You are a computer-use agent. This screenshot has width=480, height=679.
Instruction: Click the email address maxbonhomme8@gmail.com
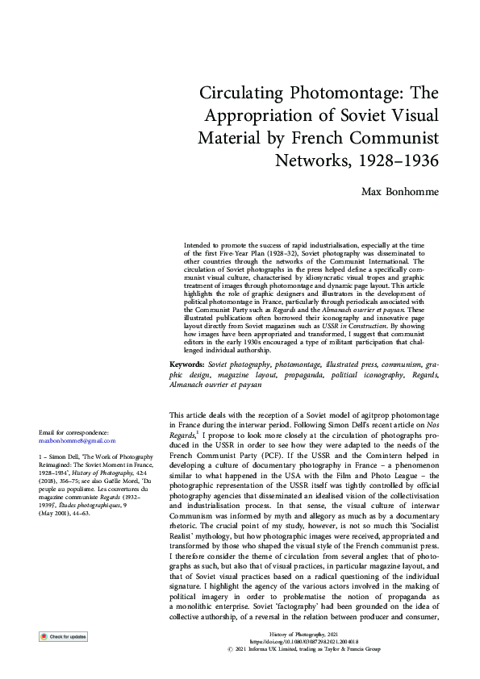(77, 441)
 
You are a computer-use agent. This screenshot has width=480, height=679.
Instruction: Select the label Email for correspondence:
(73, 433)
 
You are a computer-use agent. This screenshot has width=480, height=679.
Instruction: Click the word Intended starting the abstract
(198, 244)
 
